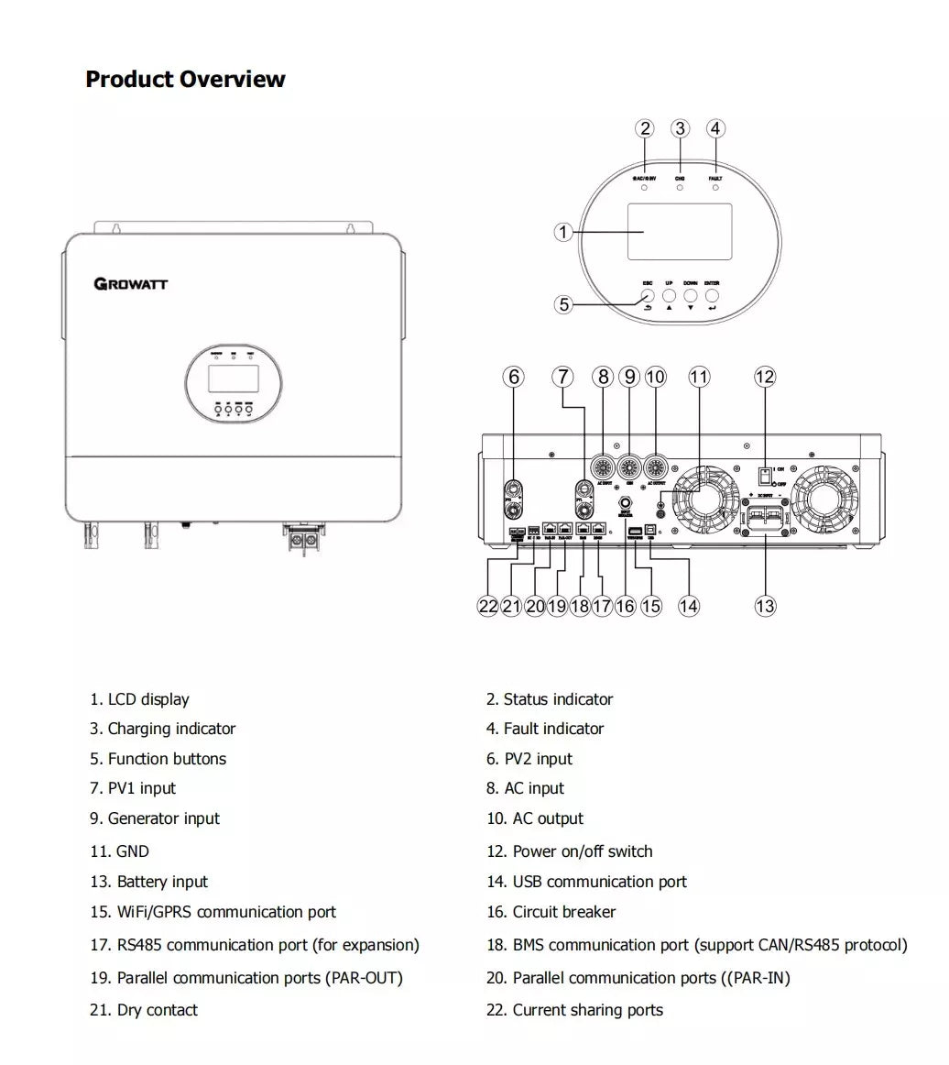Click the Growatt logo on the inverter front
point(131,283)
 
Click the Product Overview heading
point(185,80)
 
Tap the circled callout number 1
point(563,233)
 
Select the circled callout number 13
point(765,605)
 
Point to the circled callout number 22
point(488,606)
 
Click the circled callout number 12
point(765,377)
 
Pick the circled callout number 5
point(563,304)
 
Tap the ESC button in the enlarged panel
point(648,297)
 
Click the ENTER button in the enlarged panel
point(712,297)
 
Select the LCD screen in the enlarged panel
point(679,232)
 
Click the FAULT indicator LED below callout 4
point(715,188)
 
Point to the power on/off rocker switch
point(762,476)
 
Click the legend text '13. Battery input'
point(149,882)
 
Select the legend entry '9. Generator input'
point(155,818)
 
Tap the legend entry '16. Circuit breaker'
point(551,912)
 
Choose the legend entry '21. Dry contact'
point(144,1010)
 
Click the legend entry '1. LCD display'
point(140,699)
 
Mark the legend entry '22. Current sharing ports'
point(575,1010)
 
